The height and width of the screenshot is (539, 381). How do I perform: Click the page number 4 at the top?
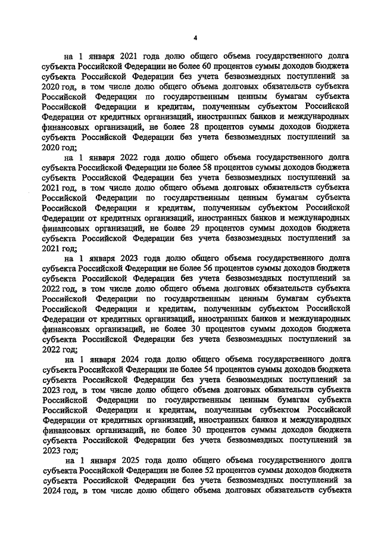point(195,37)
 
